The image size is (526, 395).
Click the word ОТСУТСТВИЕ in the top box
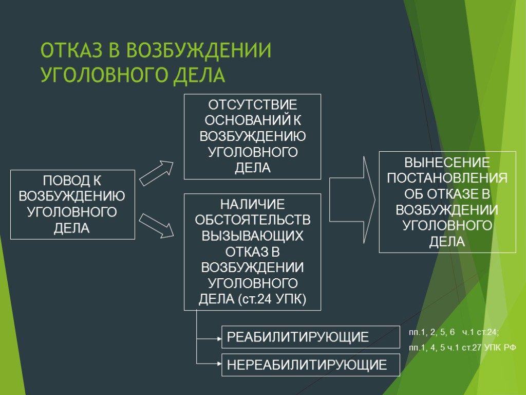tap(252, 105)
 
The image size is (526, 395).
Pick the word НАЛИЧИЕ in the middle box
tap(252, 205)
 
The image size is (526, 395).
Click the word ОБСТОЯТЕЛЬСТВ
tap(252, 220)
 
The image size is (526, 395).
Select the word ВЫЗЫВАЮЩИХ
tap(252, 236)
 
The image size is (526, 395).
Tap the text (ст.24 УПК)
tap(272, 299)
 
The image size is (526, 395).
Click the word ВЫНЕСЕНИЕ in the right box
tap(447, 163)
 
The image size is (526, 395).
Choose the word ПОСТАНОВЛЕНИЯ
tap(447, 178)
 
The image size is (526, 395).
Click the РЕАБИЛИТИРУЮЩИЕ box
tap(310, 337)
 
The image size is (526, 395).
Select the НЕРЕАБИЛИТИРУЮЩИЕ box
tap(310, 365)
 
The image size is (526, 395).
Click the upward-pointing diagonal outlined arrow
tap(157, 173)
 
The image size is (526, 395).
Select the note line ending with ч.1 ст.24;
tap(454, 332)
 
